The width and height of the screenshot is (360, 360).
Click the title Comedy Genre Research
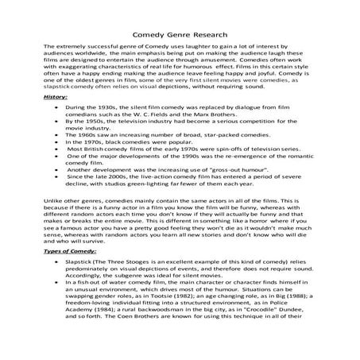click(180, 34)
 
